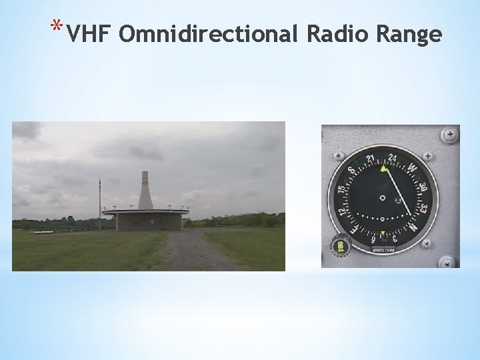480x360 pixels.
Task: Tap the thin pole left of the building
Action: coord(99,203)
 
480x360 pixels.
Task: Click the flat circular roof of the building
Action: coord(145,211)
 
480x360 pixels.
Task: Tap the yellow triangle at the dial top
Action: coord(383,169)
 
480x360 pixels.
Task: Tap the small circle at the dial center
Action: coord(383,198)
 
